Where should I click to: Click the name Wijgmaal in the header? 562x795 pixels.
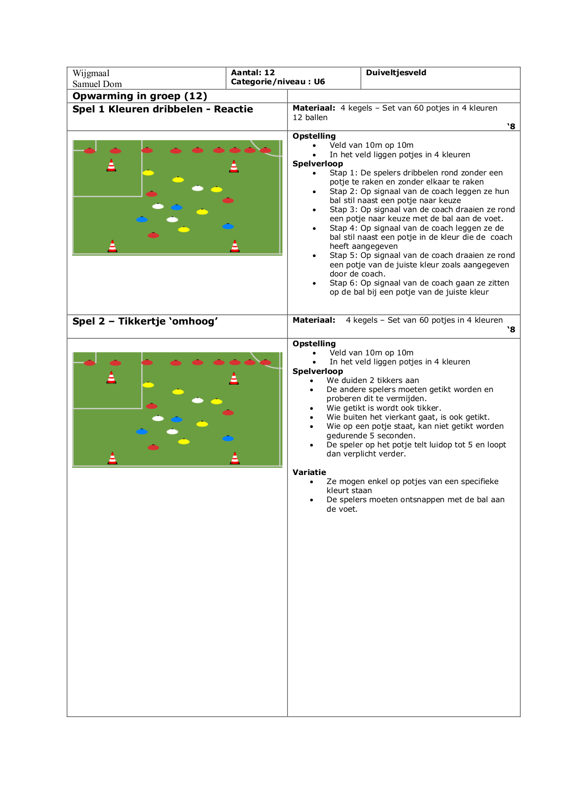point(91,73)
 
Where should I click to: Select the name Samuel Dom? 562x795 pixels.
point(97,84)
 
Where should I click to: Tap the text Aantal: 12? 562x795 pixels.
point(253,73)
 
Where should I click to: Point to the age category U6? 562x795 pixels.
point(319,82)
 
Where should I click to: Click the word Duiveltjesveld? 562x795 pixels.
point(396,73)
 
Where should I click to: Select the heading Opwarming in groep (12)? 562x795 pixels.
point(140,96)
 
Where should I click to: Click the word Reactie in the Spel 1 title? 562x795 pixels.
point(233,109)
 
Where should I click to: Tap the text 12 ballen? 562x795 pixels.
point(310,118)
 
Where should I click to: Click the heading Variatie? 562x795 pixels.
point(309,472)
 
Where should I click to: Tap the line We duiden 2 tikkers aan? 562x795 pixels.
point(373,380)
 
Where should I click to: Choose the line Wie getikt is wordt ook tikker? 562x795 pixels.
point(384,408)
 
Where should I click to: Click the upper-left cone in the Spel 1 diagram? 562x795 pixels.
point(111,165)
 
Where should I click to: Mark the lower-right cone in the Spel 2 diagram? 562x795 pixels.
point(235,458)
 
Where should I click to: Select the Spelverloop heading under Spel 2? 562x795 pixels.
point(318,371)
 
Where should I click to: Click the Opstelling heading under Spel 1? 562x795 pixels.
point(314,136)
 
